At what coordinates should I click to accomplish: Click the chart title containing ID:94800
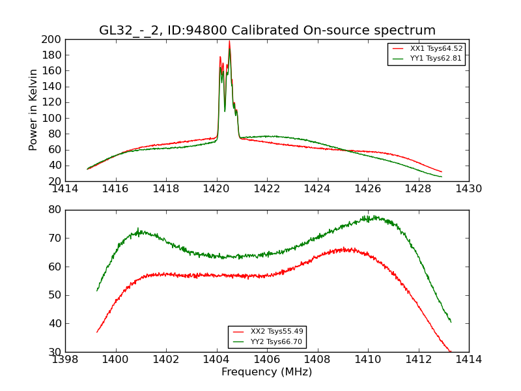coord(267,31)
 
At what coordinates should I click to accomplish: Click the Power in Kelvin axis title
coord(33,109)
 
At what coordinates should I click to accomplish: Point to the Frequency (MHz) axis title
coord(267,372)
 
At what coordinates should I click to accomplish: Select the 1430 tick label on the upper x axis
coord(468,189)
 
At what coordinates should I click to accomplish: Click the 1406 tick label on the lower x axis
coord(267,360)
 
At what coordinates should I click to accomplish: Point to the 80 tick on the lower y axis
coord(55,210)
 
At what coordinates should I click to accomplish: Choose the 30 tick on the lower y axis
coord(55,352)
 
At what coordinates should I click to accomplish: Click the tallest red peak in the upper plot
coord(229,42)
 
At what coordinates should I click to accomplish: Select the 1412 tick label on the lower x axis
coord(418,360)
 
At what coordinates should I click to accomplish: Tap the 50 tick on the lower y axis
coord(55,295)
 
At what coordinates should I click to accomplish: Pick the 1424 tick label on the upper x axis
coord(317,189)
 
